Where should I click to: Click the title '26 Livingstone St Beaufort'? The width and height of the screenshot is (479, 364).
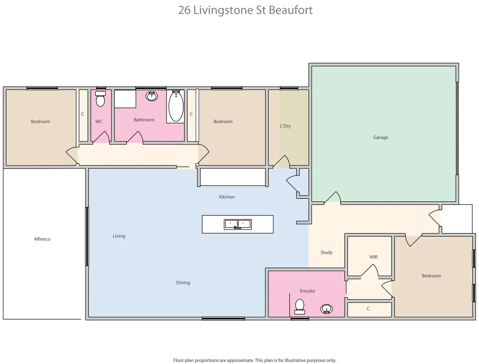point(245,10)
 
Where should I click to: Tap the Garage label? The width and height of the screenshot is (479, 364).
point(380,137)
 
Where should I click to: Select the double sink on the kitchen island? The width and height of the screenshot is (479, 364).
point(238,224)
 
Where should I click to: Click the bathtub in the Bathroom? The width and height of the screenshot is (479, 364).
point(176,106)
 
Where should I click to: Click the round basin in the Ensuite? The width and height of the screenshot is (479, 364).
point(326,309)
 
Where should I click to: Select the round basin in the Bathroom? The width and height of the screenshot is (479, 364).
point(152,96)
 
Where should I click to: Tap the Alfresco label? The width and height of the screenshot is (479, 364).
point(42,239)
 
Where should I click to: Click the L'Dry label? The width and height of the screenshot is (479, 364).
point(285,126)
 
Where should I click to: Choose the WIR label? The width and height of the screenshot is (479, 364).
point(373,257)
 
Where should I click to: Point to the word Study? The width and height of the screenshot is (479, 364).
point(326,252)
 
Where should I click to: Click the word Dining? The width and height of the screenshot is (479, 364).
point(183,282)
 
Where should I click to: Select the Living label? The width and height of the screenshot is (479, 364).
point(119,236)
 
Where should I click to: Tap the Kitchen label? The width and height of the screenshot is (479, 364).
point(227,197)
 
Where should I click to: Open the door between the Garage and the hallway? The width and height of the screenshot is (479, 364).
point(333,198)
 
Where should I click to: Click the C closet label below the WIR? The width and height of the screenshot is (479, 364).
point(368,308)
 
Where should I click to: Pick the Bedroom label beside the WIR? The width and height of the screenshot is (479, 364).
point(431,276)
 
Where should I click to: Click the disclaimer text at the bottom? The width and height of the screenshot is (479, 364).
point(255,360)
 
